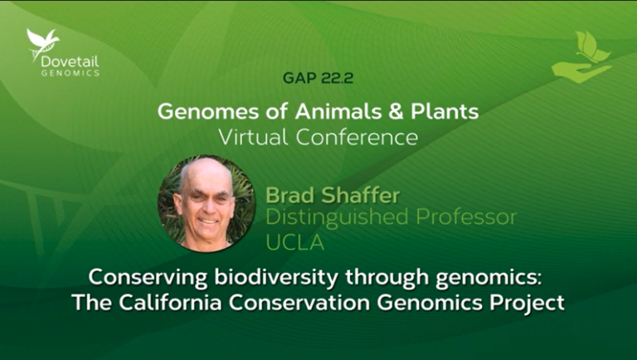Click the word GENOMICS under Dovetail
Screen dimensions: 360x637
click(x=71, y=72)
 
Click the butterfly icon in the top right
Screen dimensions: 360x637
click(x=591, y=46)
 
